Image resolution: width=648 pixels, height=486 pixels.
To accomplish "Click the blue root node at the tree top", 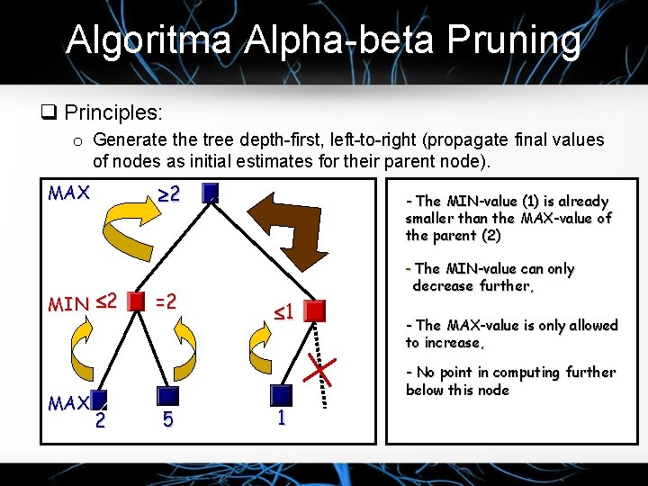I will pyautogui.click(x=211, y=193).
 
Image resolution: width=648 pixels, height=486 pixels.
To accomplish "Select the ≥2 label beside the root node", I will pyautogui.click(x=168, y=193).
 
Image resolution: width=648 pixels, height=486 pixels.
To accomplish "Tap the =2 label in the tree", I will pyautogui.click(x=168, y=301).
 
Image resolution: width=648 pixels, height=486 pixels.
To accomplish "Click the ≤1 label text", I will pyautogui.click(x=284, y=312).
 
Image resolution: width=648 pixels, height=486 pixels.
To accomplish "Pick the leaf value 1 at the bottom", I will pyautogui.click(x=281, y=418).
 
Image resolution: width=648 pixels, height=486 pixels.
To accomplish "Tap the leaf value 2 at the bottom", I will pyautogui.click(x=100, y=419).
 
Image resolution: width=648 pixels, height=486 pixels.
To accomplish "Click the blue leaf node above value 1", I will pyautogui.click(x=281, y=395).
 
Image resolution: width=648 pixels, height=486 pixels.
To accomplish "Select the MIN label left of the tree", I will pyautogui.click(x=68, y=304).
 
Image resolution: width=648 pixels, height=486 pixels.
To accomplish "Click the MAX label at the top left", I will pyautogui.click(x=68, y=193).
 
